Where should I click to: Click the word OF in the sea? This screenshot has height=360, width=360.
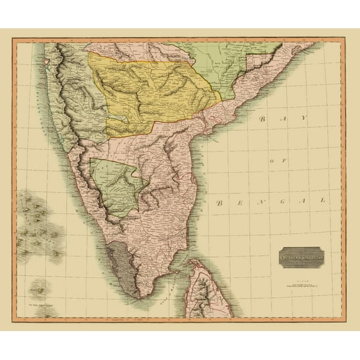point(274,161)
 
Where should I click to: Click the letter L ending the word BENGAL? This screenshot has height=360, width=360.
point(324,200)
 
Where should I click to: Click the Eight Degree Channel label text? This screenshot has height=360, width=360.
point(38,306)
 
